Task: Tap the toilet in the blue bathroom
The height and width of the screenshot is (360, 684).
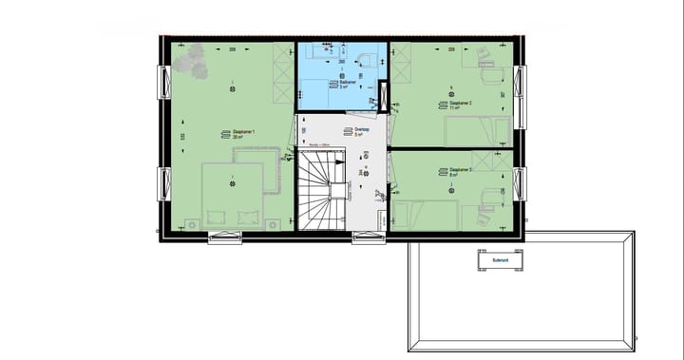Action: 367,57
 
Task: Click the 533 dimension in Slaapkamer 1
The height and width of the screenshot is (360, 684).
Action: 182,137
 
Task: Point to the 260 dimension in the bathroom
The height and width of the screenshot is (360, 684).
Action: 342,62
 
